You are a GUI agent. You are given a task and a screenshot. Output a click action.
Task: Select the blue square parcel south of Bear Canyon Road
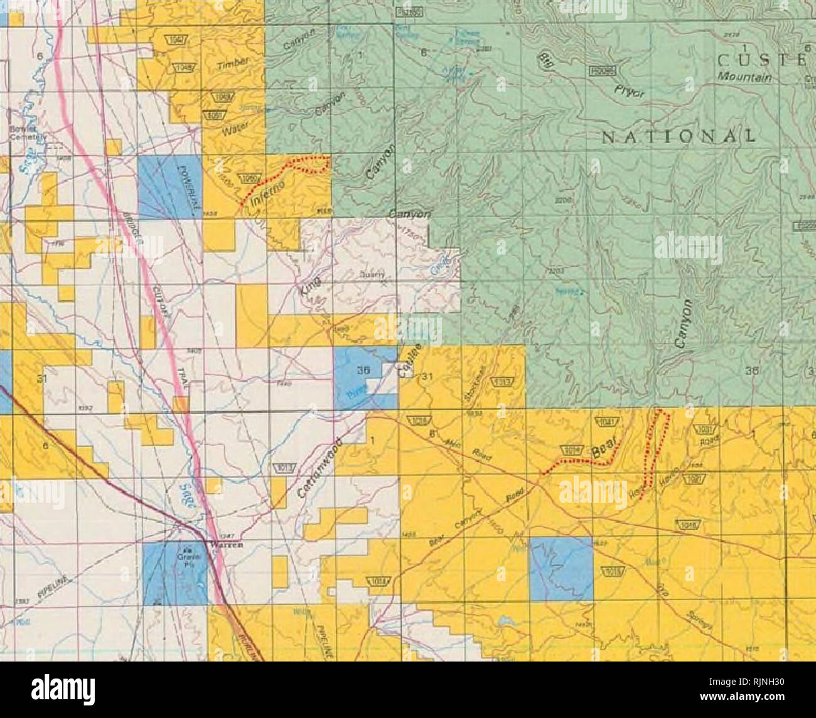(561, 568)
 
